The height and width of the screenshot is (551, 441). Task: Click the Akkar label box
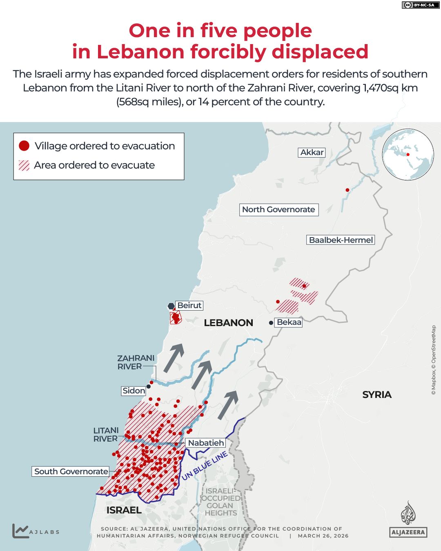(312, 152)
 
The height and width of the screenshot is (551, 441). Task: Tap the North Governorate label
(278, 209)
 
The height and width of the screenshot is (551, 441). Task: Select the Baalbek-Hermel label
(341, 240)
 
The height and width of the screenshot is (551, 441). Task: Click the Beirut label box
(189, 305)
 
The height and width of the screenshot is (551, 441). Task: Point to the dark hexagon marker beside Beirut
(171, 306)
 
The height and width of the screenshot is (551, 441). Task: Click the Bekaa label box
(289, 322)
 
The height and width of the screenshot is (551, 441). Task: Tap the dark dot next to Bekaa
(271, 323)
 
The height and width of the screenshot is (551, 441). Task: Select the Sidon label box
(134, 391)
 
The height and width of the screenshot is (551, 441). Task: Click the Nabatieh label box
(206, 443)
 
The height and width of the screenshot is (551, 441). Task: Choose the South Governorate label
(71, 471)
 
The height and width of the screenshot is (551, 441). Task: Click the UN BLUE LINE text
(205, 466)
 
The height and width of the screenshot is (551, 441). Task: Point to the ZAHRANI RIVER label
(136, 362)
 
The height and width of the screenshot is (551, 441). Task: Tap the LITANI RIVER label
(106, 435)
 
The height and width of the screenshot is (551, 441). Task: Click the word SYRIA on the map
(376, 395)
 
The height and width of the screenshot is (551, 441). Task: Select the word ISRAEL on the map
(124, 510)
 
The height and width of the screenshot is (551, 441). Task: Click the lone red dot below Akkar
(347, 190)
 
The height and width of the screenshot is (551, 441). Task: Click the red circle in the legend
(24, 146)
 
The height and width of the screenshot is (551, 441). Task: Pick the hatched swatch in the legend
(24, 165)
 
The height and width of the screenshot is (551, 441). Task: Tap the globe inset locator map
(408, 154)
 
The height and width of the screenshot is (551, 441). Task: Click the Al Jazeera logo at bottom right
(408, 520)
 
